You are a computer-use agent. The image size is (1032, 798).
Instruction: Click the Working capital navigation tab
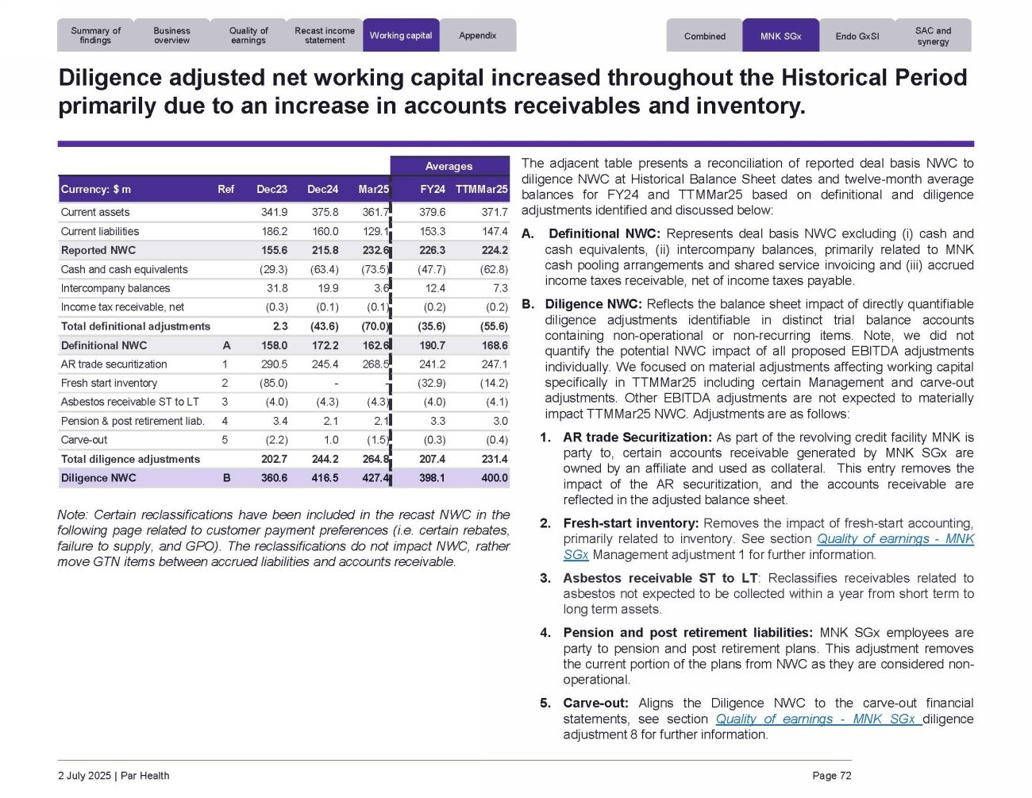(401, 36)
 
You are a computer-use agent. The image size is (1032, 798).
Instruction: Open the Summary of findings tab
(95, 36)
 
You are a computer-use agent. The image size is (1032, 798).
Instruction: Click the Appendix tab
(478, 36)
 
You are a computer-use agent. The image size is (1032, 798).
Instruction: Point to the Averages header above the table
(449, 167)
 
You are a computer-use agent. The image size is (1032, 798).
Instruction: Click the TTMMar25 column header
(481, 190)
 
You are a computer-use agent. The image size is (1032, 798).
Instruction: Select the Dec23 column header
(271, 190)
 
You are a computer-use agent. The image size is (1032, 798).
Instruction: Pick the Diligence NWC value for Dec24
(325, 478)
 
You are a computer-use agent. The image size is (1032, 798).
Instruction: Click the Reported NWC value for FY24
(432, 250)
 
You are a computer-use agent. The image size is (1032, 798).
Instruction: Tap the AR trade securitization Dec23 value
(273, 364)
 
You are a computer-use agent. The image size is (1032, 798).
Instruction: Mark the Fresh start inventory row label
(109, 384)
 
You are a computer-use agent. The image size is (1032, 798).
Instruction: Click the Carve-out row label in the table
(84, 440)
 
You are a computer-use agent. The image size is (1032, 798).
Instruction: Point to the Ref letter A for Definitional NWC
(226, 345)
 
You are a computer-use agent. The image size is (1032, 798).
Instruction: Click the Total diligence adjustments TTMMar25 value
(494, 459)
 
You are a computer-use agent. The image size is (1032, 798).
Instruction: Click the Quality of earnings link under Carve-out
(817, 719)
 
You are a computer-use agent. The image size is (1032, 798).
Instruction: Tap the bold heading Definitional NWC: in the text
(604, 234)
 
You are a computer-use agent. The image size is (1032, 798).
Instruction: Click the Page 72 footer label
(831, 776)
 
